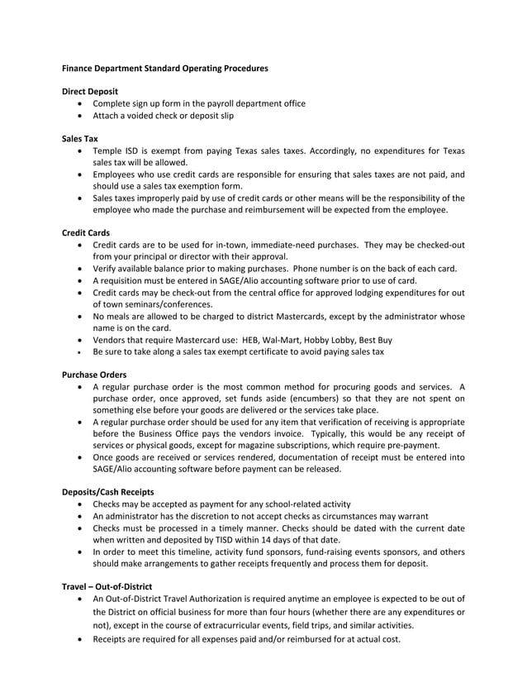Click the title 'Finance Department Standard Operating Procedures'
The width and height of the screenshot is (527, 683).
pos(165,68)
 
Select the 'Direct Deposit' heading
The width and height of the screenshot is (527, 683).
pos(91,90)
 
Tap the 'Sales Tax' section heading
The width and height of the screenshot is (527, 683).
pos(80,139)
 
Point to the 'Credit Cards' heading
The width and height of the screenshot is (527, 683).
pos(87,233)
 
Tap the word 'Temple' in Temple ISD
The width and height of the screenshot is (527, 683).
pos(108,151)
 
